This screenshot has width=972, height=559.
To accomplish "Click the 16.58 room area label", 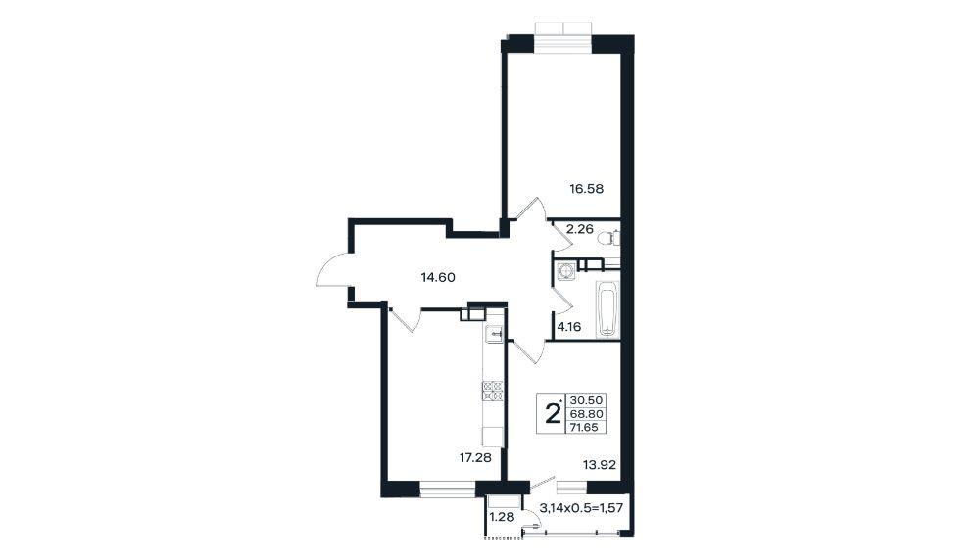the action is [586, 188].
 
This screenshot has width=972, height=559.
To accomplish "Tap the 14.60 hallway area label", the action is [438, 277].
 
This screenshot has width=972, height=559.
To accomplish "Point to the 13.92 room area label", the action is [600, 464].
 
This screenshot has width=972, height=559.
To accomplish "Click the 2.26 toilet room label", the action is [581, 229].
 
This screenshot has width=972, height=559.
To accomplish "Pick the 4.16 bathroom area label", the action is [569, 327].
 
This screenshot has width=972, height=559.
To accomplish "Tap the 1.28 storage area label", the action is [502, 516].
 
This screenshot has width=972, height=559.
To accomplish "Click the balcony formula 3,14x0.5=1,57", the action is [581, 508].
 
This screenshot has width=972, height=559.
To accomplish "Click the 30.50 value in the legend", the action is [586, 400].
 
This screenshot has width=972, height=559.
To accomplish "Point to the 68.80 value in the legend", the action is [586, 413].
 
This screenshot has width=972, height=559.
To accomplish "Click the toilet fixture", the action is [612, 238].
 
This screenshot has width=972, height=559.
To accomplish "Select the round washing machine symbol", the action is [566, 271].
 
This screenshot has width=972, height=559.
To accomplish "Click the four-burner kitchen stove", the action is [494, 392].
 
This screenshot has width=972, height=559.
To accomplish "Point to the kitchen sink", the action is [494, 334].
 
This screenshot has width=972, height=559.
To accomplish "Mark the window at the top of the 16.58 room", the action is [563, 38].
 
